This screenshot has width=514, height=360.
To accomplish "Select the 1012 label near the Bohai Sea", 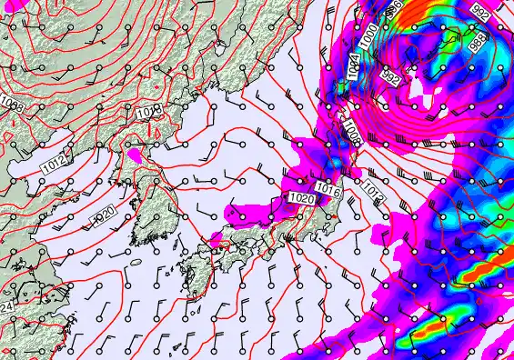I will point(53,165).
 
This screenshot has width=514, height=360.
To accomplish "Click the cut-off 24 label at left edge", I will point(5,309).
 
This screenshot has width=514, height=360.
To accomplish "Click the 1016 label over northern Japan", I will point(328,189).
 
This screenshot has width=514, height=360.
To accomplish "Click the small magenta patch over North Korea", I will point(136,155).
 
